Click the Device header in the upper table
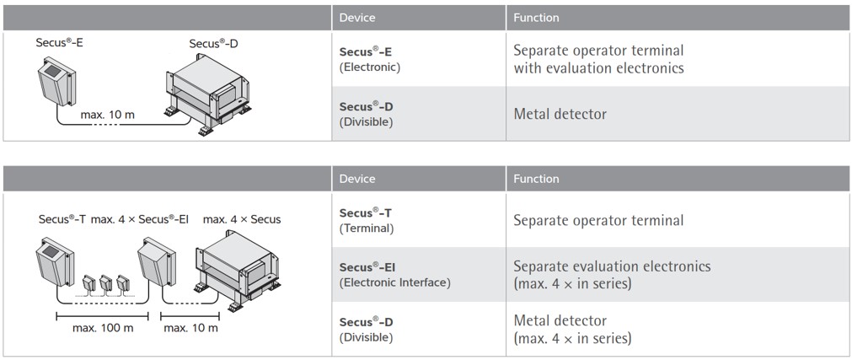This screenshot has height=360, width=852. click(x=357, y=18)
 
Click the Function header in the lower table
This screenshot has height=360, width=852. click(x=536, y=179)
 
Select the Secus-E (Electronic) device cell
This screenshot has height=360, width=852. click(x=370, y=59)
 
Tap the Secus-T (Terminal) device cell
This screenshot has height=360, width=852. click(x=367, y=220)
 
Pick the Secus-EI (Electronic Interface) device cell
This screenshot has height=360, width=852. click(x=394, y=275)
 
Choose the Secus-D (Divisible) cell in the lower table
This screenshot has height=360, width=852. click(x=367, y=330)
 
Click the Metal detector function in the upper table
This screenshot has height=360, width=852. click(x=560, y=114)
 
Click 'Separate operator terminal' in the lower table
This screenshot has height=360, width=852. click(x=598, y=220)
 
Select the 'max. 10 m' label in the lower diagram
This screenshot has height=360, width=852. click(x=190, y=328)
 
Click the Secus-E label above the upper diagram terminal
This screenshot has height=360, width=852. click(x=59, y=42)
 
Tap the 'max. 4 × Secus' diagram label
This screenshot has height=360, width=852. click(x=242, y=219)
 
